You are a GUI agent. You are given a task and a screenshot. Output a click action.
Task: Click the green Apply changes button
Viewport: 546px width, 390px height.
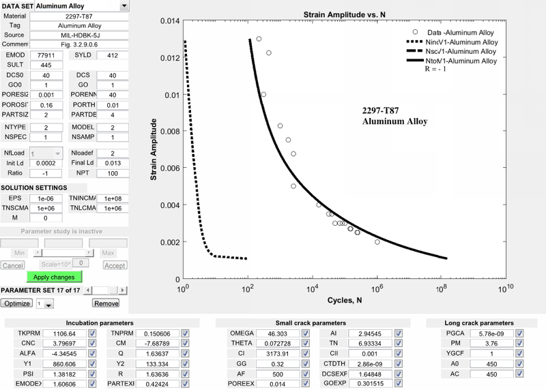click(x=55, y=277)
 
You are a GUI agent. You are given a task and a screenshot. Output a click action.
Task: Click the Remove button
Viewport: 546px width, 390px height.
click(x=106, y=303)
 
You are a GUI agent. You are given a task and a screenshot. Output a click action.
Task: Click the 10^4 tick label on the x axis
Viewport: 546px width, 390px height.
click(x=312, y=288)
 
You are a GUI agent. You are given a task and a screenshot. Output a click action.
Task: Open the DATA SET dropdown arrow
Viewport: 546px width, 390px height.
click(x=124, y=6)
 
